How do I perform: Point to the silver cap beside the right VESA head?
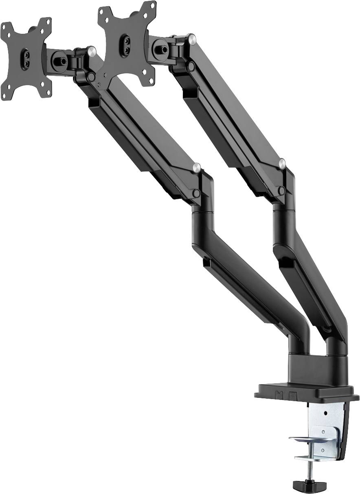(x=191, y=39)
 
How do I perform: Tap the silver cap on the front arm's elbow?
(x=197, y=167)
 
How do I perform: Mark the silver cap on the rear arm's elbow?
(x=282, y=163)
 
